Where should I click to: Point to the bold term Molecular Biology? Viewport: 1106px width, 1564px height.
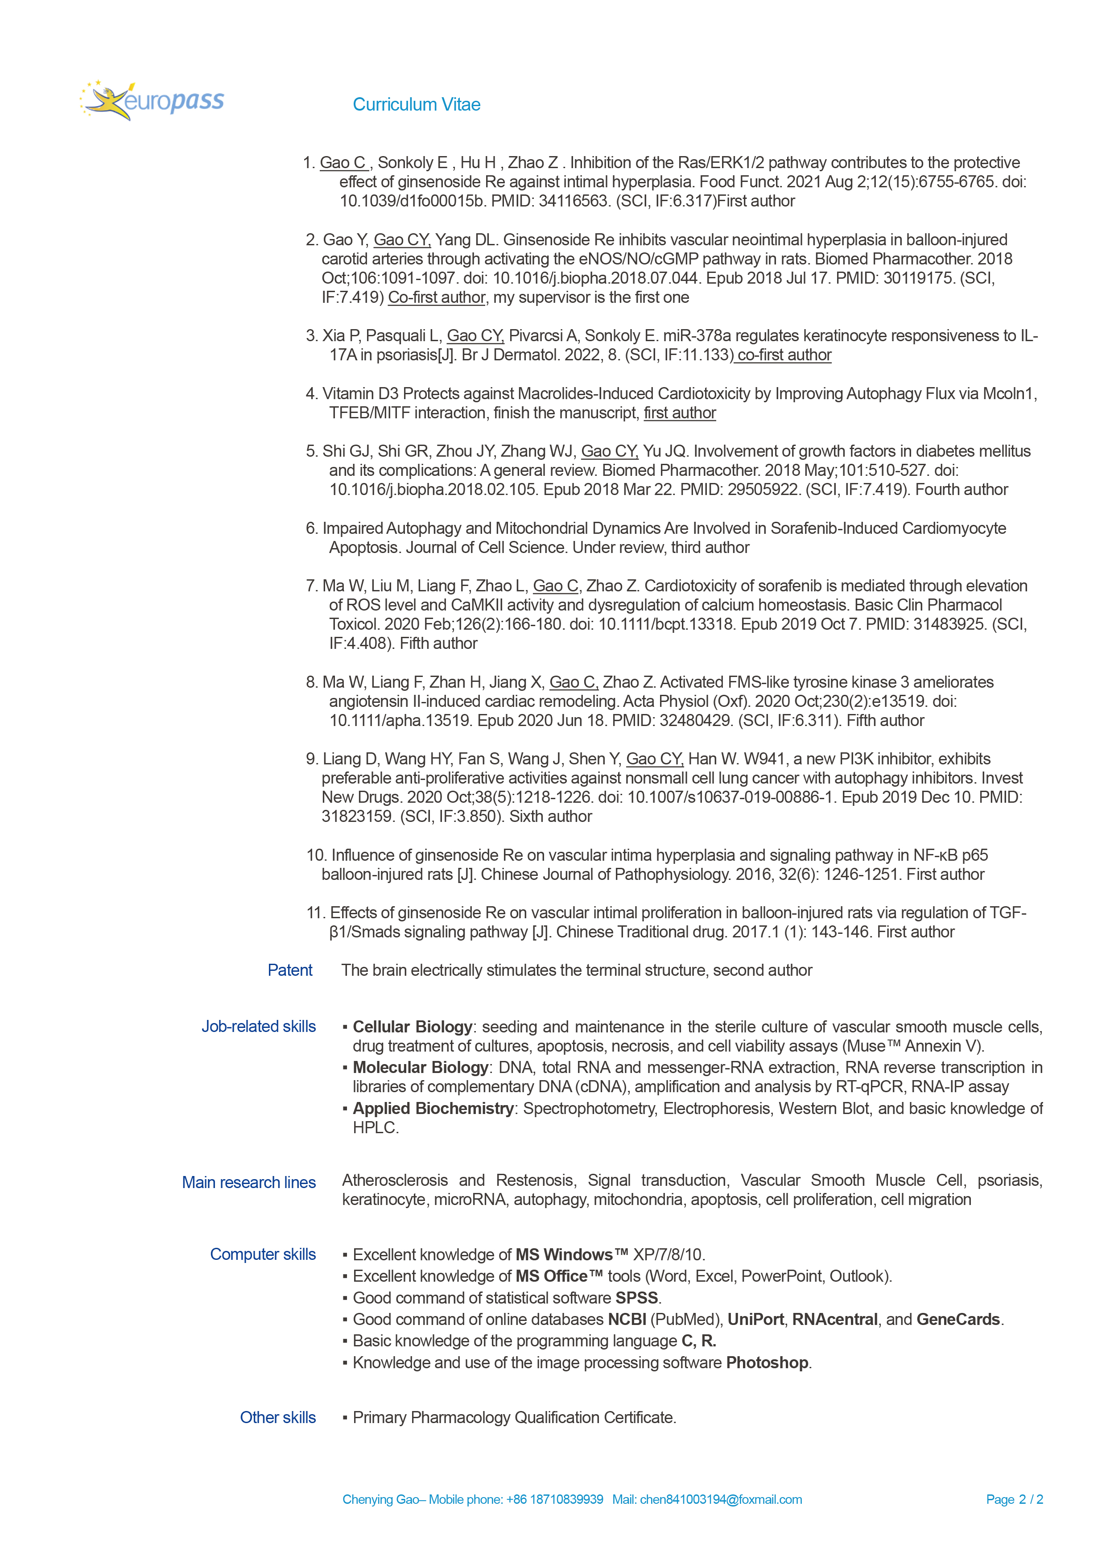(420, 1067)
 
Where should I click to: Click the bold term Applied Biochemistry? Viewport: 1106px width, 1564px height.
(433, 1108)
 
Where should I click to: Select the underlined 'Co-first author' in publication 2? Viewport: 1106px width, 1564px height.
(437, 297)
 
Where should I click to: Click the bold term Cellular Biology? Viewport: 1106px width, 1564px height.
(412, 1027)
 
